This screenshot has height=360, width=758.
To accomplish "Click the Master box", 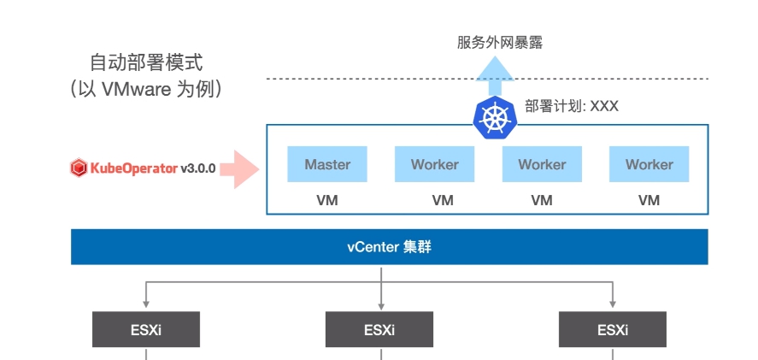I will pyautogui.click(x=327, y=164).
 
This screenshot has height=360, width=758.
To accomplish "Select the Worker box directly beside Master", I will pyautogui.click(x=434, y=164).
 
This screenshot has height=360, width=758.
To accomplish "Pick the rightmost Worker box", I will pyautogui.click(x=649, y=164).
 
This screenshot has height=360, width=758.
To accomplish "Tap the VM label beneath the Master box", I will pyautogui.click(x=327, y=201).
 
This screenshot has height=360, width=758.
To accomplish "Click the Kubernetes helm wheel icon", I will pyautogui.click(x=494, y=117).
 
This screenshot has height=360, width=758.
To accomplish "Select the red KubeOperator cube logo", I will pyautogui.click(x=78, y=168).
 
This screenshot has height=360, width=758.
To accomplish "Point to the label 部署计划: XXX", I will pyautogui.click(x=572, y=107).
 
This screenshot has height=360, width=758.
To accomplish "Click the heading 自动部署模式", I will pyautogui.click(x=147, y=63).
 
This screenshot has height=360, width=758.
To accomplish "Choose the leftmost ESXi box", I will pyautogui.click(x=146, y=329).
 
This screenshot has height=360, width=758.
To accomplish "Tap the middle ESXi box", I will pyautogui.click(x=379, y=329).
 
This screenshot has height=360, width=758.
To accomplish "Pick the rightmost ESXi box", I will pyautogui.click(x=612, y=329).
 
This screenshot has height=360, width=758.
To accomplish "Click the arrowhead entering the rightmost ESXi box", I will pyautogui.click(x=613, y=306).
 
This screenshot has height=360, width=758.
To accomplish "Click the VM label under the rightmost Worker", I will pyautogui.click(x=649, y=201).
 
